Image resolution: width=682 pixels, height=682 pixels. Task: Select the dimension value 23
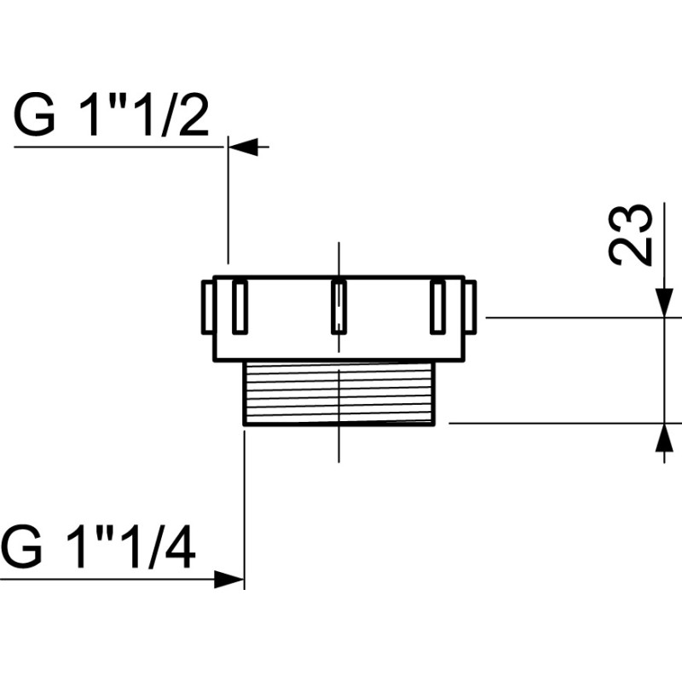[632, 234]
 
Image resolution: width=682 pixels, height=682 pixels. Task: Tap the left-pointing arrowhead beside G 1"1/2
[243, 147]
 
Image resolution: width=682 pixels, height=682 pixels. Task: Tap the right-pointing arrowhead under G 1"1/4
[228, 580]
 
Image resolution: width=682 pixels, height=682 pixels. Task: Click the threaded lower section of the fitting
[339, 393]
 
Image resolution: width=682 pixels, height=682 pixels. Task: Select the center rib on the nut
[338, 306]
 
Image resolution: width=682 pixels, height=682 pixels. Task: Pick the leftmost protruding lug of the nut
[206, 307]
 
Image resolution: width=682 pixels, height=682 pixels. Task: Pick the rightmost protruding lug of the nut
[471, 307]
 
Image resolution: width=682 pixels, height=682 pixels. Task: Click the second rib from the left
[240, 306]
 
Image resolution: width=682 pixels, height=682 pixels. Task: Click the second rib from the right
[438, 306]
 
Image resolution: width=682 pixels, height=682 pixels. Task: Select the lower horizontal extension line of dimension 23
[554, 423]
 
